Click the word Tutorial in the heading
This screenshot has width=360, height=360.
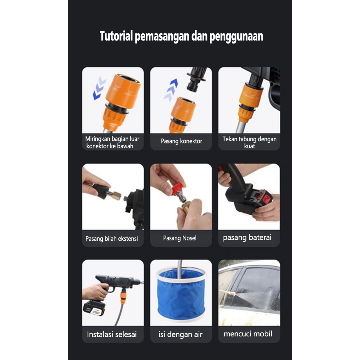coord(116,36)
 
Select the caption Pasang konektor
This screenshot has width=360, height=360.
coord(181,141)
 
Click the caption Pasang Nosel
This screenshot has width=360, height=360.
coord(180,238)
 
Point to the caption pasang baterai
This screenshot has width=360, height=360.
coord(247,237)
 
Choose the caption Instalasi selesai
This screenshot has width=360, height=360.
coord(112,334)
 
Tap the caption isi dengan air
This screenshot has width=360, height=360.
coord(180,335)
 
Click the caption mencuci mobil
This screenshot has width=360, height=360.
coord(248,334)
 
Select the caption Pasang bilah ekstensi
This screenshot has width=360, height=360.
coord(111,239)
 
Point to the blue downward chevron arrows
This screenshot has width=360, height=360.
coord(99,88)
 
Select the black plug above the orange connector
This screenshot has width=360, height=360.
coord(196,79)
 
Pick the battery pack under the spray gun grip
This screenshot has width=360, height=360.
coord(94,308)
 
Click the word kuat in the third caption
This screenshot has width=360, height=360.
coord(249,146)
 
